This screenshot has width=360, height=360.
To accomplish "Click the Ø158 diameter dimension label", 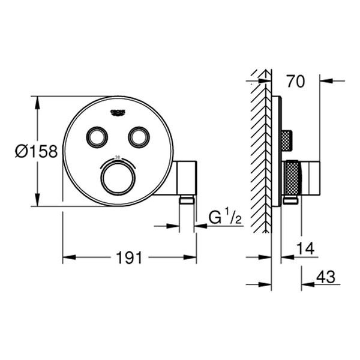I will (37, 151).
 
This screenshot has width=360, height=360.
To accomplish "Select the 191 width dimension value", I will (129, 258).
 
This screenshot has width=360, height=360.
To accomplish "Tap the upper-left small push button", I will (96, 137).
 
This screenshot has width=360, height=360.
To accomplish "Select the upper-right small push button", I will (139, 137).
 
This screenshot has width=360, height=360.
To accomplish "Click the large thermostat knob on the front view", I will (118, 178).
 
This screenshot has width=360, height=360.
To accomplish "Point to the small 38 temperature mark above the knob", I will (118, 157).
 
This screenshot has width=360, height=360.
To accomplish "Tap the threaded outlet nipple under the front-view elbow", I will (187, 201).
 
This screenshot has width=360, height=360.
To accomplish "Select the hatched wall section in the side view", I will (260, 156).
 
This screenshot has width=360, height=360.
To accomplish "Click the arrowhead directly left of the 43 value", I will (305, 284).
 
